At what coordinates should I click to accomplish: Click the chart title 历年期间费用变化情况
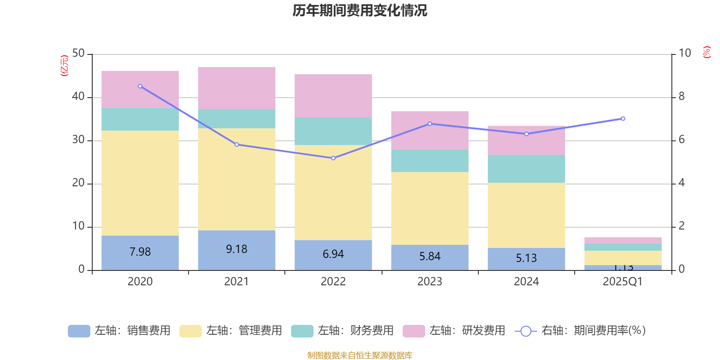(360, 10)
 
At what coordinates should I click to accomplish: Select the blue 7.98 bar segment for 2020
(140, 252)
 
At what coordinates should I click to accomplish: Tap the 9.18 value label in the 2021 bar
(237, 249)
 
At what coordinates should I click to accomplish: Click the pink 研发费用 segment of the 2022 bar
(333, 96)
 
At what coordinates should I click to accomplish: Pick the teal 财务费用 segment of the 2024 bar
(526, 169)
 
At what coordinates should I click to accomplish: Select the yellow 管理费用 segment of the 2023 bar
(430, 208)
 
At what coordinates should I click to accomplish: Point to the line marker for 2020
(140, 86)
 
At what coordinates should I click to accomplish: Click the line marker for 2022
(333, 158)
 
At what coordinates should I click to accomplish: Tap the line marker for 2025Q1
(623, 118)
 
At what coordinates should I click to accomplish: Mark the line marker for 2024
(526, 134)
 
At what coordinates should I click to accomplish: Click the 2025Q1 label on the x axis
(622, 282)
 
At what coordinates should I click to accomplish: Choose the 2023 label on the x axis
(430, 282)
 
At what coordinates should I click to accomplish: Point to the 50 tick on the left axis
(78, 54)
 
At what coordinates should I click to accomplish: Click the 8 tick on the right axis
(681, 96)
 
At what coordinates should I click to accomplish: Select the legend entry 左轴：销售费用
(120, 331)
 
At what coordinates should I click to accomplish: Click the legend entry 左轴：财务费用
(342, 331)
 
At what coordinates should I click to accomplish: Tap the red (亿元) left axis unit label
(64, 66)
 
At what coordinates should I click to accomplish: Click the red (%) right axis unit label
(706, 52)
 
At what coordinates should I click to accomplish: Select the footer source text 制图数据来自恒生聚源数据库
(360, 355)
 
